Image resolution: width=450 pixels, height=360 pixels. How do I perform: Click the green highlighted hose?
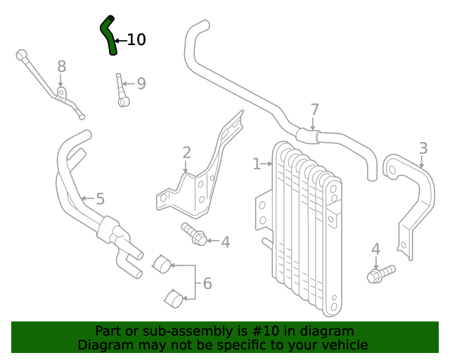pyautogui.click(x=108, y=35)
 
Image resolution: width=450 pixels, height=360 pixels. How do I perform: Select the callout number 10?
pyautogui.click(x=136, y=40)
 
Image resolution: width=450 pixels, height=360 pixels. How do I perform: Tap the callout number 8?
pyautogui.click(x=62, y=67)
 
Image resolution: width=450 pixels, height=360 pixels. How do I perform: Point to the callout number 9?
pyautogui.click(x=141, y=84)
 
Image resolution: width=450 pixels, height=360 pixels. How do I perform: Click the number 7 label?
pyautogui.click(x=314, y=110)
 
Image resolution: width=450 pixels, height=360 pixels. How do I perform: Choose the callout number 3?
pyautogui.click(x=423, y=148)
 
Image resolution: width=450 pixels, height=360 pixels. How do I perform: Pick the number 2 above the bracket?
pyautogui.click(x=186, y=153)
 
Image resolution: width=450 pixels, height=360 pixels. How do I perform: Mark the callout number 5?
pyautogui.click(x=100, y=199)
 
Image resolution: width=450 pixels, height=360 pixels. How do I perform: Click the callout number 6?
pyautogui.click(x=207, y=283)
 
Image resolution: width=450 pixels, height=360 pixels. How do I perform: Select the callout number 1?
pyautogui.click(x=257, y=164)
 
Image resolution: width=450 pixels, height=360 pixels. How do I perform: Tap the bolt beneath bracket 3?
pyautogui.click(x=380, y=274)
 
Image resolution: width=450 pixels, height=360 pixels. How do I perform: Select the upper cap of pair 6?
pyautogui.click(x=162, y=264)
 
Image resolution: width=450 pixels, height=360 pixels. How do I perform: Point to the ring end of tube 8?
pyautogui.click(x=22, y=53)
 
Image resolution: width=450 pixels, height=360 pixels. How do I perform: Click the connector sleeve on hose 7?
pyautogui.click(x=308, y=135)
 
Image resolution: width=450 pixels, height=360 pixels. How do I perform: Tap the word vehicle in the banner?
pyautogui.click(x=343, y=345)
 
